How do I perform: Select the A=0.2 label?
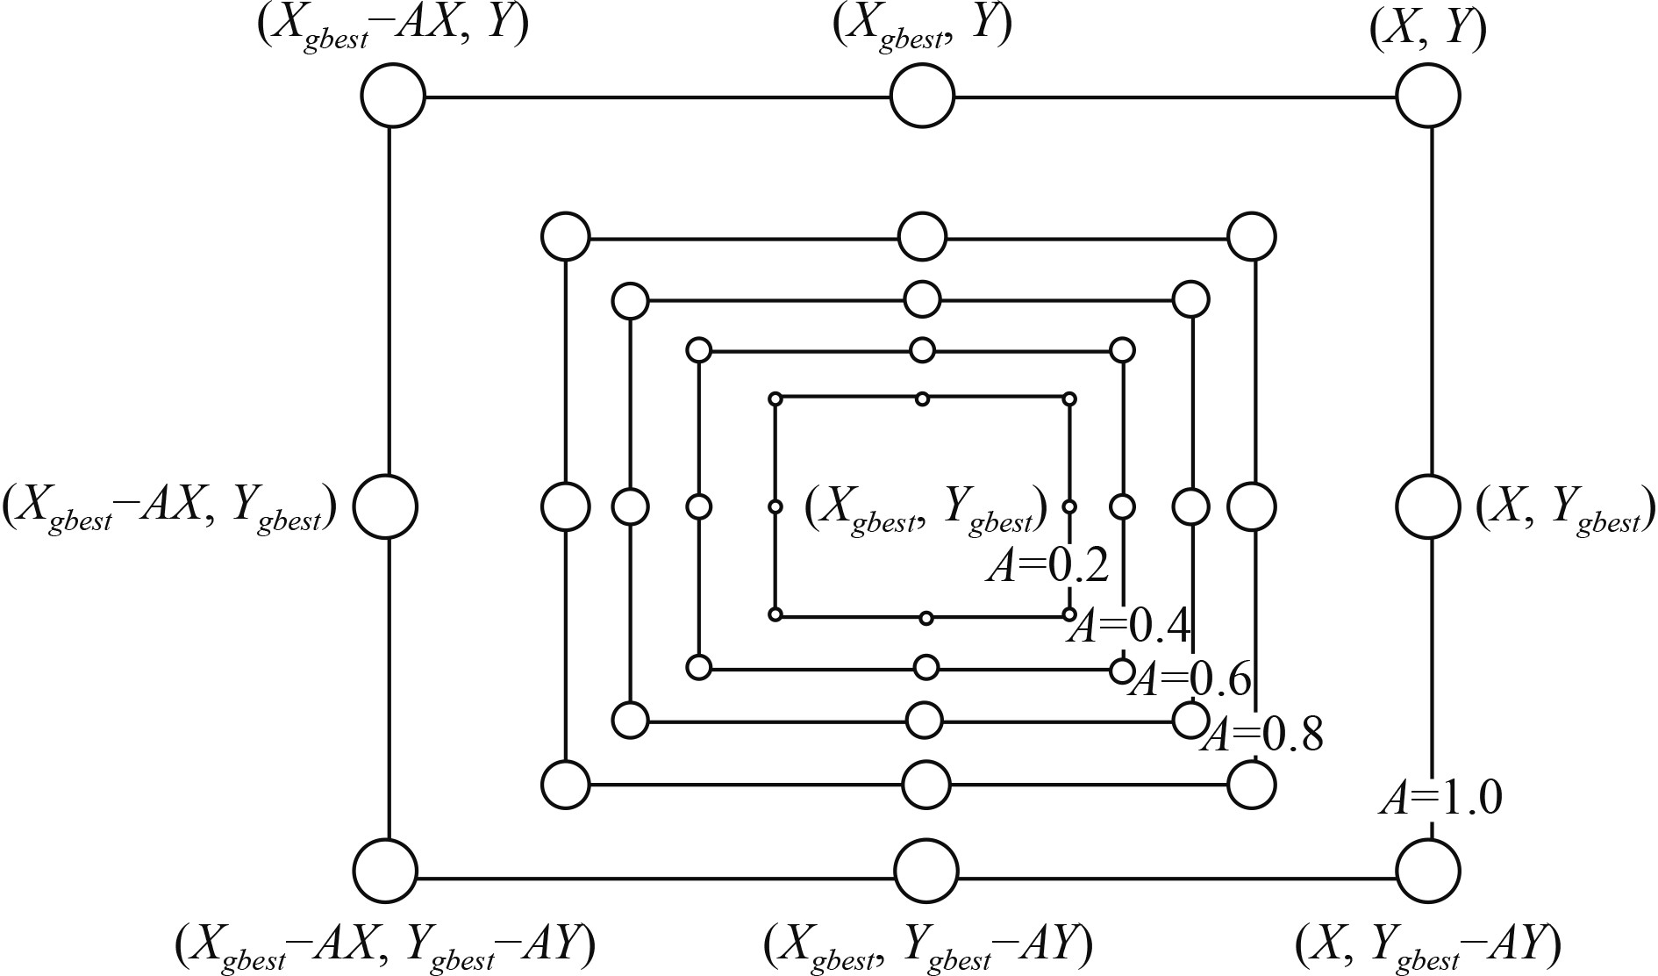[x=1048, y=567]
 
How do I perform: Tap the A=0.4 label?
[x=1130, y=627]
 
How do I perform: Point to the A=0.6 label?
[x=1190, y=679]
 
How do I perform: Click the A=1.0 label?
[x=1440, y=799]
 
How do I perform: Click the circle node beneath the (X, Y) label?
[x=1427, y=96]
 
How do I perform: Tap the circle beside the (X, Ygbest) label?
[x=1427, y=506]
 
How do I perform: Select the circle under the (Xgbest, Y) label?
[x=922, y=96]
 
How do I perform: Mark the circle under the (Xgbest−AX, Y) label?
[x=392, y=96]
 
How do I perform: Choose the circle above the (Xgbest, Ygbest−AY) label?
[x=926, y=872]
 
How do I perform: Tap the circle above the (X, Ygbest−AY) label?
[x=1427, y=871]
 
